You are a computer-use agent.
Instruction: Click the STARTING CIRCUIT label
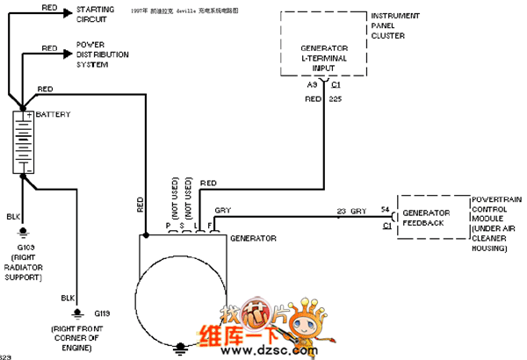click(x=95, y=13)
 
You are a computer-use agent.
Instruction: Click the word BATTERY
click(x=54, y=115)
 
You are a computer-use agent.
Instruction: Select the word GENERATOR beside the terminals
click(x=253, y=238)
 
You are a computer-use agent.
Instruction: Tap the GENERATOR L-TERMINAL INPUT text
click(x=325, y=53)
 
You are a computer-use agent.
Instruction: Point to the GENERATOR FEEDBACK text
click(x=425, y=218)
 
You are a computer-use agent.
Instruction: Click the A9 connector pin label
click(x=312, y=86)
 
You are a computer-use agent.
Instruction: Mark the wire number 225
click(x=335, y=100)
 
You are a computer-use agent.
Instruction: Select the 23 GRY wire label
click(x=351, y=211)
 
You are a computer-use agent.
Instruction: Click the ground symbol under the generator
click(x=181, y=348)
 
